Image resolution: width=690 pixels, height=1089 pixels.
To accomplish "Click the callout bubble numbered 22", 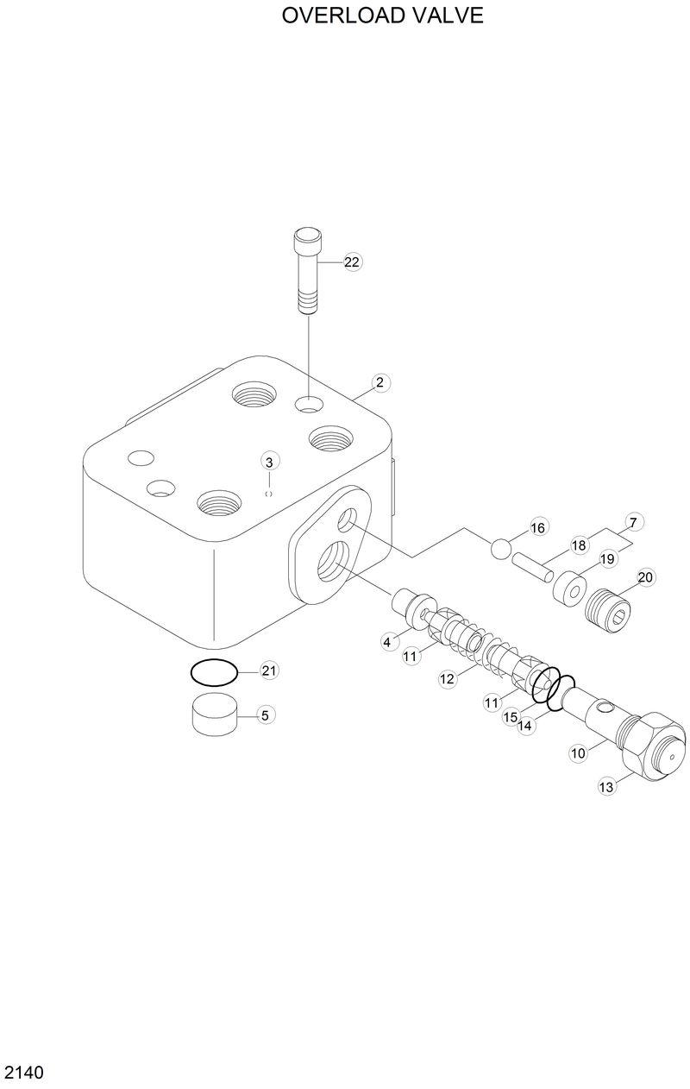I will tap(352, 262).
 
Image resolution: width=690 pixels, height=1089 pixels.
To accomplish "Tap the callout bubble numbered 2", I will tap(379, 382).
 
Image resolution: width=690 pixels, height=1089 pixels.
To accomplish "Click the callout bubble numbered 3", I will tap(269, 463).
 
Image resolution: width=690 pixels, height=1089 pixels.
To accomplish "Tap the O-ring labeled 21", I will tap(212, 671).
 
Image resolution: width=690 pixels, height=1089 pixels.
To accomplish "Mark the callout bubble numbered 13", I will tap(606, 786).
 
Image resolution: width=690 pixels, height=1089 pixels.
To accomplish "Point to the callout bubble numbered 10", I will tap(578, 752).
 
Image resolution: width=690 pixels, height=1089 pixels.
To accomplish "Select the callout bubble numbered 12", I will tap(447, 679).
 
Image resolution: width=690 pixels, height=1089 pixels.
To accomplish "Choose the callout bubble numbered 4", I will tap(388, 641).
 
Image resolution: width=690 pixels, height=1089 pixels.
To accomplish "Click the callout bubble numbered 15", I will tap(510, 716).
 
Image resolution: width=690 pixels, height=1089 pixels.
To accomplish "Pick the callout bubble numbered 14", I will tap(526, 726).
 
